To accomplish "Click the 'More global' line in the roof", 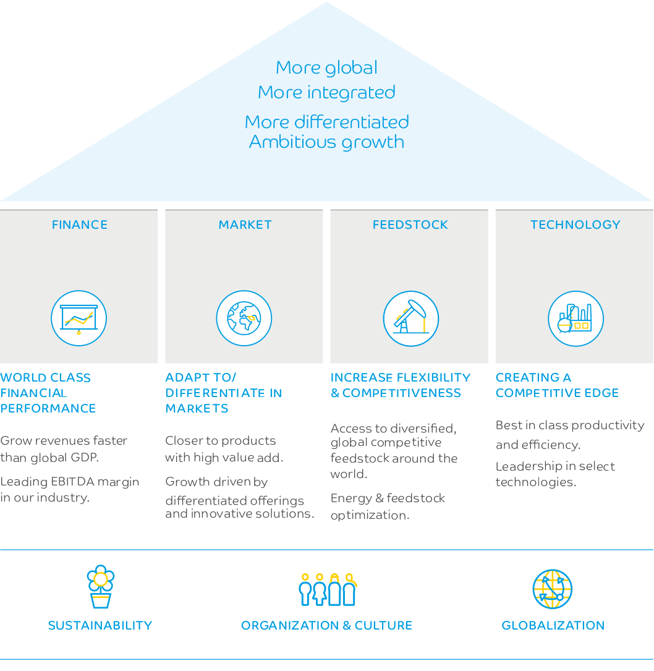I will tap(326, 67).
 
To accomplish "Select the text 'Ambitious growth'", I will tap(326, 142).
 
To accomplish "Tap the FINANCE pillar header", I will tap(80, 224).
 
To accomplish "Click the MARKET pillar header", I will tap(245, 224).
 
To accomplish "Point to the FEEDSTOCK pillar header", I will tap(410, 224).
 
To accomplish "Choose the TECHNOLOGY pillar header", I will tap(575, 224).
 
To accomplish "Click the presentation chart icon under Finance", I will tap(79, 318).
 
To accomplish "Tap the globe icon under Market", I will tap(244, 318).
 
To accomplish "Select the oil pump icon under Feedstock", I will tap(410, 318).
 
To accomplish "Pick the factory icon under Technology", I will tap(575, 318).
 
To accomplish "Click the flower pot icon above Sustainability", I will tap(100, 586).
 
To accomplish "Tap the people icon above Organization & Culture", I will tap(327, 589).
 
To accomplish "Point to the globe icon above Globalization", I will tap(553, 589).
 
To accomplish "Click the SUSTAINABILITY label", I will tap(100, 625).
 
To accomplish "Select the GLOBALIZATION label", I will tap(553, 625).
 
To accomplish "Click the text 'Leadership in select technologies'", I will tap(555, 474).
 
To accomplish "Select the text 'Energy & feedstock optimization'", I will tap(388, 506).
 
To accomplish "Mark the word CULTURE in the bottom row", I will tap(383, 625).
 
